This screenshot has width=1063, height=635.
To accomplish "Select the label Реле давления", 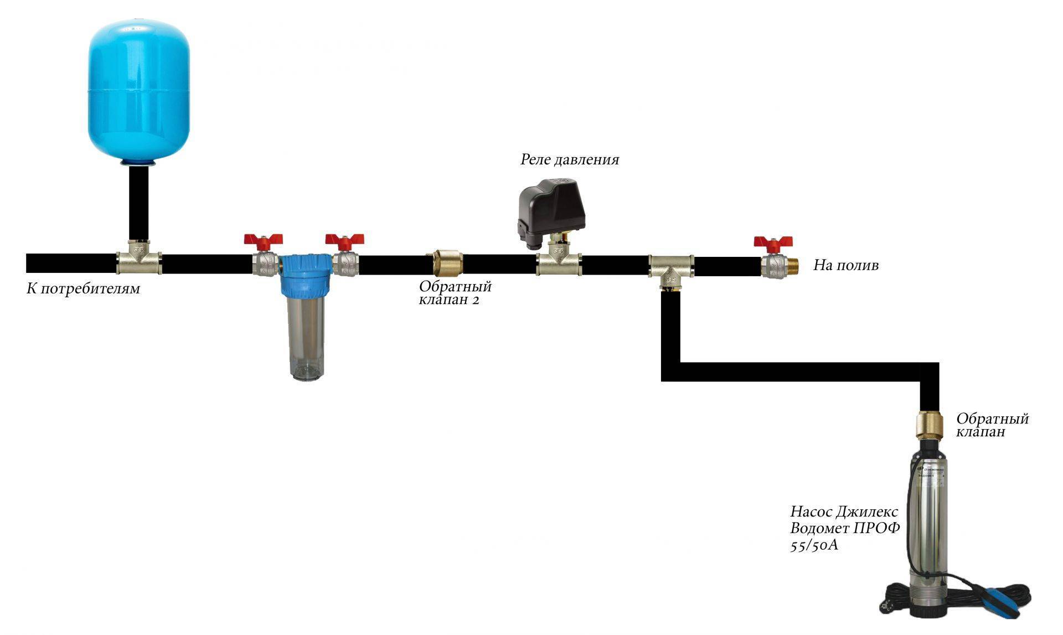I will coord(569,160).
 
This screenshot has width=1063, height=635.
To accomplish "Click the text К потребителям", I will coord(83,289).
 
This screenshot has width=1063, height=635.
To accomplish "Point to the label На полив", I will coord(845,266).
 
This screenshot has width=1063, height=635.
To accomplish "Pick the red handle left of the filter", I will coord(264,240).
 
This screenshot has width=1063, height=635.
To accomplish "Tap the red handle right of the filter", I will coord(344,240).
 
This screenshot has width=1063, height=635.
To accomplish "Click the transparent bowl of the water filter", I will coord(306,338).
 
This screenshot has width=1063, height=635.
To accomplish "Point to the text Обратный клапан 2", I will coord(455,293).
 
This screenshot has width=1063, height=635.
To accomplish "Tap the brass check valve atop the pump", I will coord(930,424).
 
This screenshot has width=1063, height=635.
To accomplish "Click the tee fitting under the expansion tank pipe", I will coord(139,260).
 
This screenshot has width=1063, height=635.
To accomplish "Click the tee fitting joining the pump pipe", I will coord(671,269).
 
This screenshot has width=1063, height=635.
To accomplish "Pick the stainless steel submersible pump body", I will coord(930,515).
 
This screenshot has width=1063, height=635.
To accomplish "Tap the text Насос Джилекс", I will coord(844,511).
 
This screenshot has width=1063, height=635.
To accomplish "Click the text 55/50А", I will coord(814,545).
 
